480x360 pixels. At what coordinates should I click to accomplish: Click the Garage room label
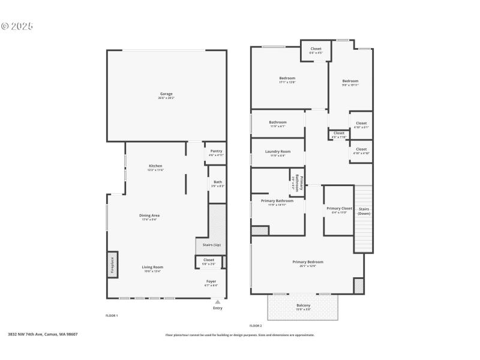166,94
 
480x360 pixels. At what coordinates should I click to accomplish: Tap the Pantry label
215,151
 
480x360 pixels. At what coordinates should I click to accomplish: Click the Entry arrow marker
217,302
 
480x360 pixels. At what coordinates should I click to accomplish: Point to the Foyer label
211,281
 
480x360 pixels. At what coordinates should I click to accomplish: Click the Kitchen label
155,166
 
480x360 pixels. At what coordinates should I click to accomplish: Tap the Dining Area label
150,215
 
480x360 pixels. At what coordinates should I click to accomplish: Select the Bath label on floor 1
217,182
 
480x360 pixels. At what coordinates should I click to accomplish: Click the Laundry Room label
277,152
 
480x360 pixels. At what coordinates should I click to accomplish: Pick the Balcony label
303,305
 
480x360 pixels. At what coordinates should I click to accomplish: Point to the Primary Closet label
339,209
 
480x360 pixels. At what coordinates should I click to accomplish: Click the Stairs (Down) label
364,211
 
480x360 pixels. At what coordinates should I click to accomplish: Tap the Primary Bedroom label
307,262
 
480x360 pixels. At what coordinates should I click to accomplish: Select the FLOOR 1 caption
112,315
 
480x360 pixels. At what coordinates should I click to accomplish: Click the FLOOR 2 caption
256,325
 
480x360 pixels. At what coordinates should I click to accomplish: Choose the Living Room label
152,268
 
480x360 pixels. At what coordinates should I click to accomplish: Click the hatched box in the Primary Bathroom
260,230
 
